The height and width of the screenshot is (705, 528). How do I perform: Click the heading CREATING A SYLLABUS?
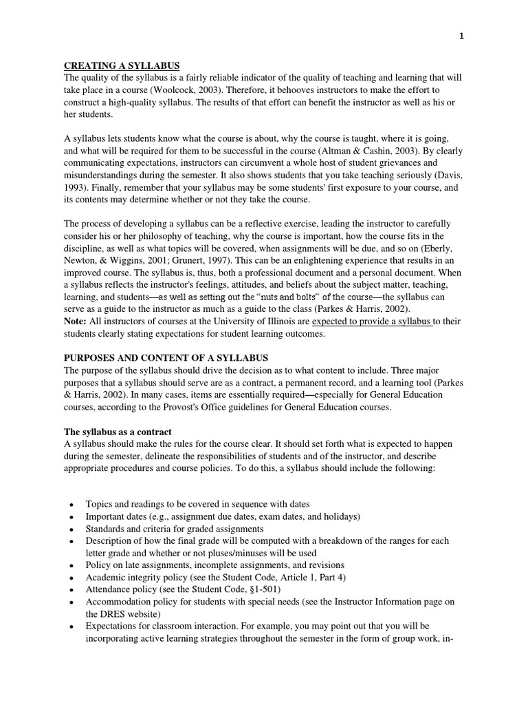(121, 65)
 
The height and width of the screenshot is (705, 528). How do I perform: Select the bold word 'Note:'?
(76, 322)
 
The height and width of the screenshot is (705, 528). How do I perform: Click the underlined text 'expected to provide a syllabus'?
(372, 322)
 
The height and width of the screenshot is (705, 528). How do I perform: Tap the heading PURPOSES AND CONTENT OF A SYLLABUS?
(166, 358)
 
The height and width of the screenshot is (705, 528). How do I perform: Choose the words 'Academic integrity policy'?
(137, 578)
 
